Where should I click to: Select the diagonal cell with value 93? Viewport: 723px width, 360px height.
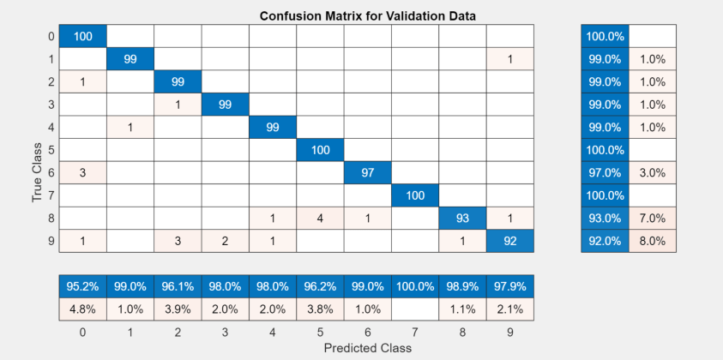pyautogui.click(x=464, y=219)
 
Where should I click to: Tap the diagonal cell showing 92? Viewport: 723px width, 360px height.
pyautogui.click(x=512, y=241)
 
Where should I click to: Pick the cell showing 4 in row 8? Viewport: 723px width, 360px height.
pyautogui.click(x=321, y=219)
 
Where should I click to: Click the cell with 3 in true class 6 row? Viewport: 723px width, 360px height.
pyautogui.click(x=83, y=173)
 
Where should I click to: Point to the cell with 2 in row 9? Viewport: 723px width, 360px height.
pyautogui.click(x=226, y=241)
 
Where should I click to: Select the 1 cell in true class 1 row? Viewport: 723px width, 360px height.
pyautogui.click(x=512, y=59)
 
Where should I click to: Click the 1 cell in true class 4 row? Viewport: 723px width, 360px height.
pyautogui.click(x=130, y=128)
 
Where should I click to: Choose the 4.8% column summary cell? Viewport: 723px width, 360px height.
pyautogui.click(x=83, y=309)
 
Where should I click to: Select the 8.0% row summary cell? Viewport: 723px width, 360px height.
pyautogui.click(x=653, y=241)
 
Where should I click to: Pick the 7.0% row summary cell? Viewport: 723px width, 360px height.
pyautogui.click(x=653, y=219)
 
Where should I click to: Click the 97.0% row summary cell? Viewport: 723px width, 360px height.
pyautogui.click(x=605, y=173)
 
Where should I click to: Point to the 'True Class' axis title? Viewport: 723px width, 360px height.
pyautogui.click(x=37, y=172)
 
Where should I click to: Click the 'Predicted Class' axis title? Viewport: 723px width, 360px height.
pyautogui.click(x=368, y=348)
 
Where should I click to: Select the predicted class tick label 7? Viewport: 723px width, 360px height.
pyautogui.click(x=416, y=331)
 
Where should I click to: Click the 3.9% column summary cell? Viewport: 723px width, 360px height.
pyautogui.click(x=178, y=309)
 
